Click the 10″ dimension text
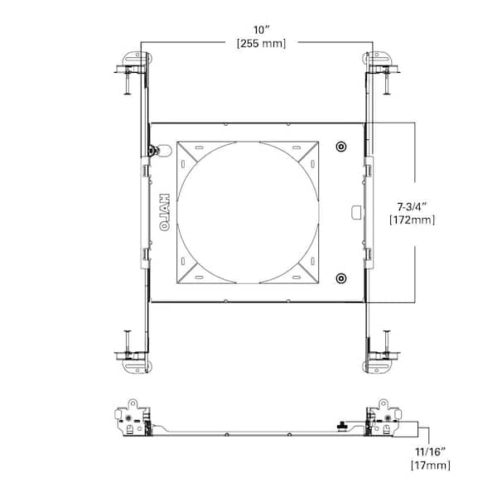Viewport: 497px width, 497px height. [x=261, y=30]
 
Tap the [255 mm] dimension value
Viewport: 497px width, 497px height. [x=262, y=43]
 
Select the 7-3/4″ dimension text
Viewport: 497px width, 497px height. [x=412, y=207]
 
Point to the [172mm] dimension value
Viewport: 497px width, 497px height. [x=412, y=220]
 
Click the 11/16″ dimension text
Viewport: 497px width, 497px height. [x=431, y=452]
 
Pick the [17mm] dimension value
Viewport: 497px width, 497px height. [x=431, y=466]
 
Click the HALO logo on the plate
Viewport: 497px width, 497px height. [x=164, y=212]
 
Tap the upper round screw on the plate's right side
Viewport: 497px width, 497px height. [x=341, y=147]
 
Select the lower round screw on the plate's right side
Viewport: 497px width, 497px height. [x=341, y=278]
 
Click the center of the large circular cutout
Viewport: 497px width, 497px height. [x=248, y=212]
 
